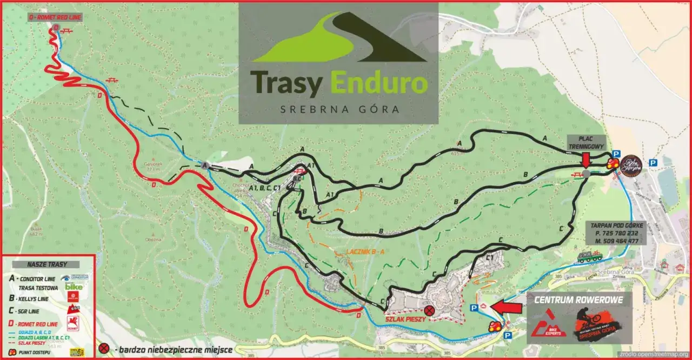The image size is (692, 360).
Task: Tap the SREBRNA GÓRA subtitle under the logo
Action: coord(340,109)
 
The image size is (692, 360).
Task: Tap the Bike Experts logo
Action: coord(548,325)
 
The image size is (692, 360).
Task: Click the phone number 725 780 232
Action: coord(615,232)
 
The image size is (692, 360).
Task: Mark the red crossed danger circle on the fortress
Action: coord(429,310)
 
